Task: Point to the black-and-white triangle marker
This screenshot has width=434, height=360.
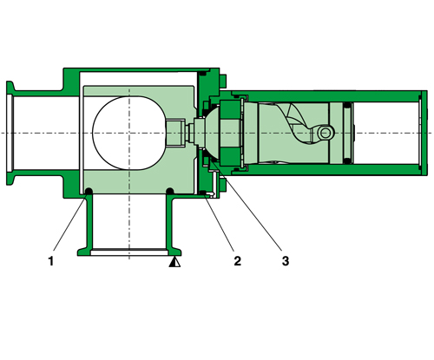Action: (174, 259)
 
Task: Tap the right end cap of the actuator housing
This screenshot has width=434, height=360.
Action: (424, 132)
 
